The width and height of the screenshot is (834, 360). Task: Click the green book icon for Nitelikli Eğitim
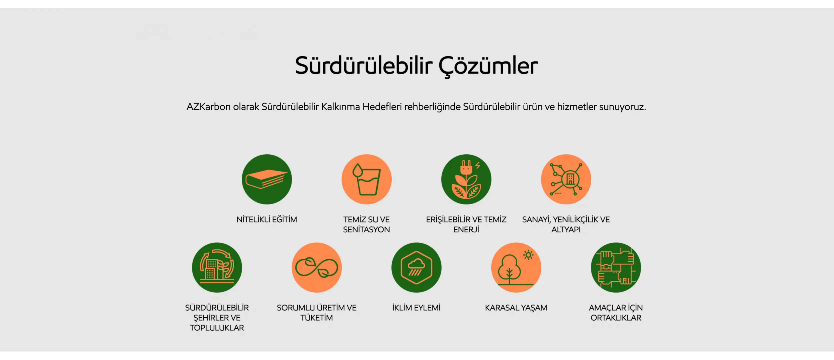(267, 179)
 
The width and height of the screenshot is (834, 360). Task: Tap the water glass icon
(366, 179)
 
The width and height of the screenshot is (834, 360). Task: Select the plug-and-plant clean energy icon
(466, 179)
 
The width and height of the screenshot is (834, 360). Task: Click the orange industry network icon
(566, 179)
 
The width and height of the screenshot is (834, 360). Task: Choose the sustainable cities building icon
(217, 267)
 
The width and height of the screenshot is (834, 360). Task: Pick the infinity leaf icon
(317, 267)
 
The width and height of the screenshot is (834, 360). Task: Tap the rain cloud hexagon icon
(416, 267)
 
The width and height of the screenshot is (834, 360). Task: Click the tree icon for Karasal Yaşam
(516, 267)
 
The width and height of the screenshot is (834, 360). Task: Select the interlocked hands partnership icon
(616, 267)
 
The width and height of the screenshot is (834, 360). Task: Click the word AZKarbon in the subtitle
(208, 106)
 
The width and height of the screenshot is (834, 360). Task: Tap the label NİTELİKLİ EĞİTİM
(267, 219)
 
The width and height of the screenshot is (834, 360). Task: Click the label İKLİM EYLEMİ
(416, 307)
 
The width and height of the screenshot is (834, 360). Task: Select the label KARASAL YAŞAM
(516, 307)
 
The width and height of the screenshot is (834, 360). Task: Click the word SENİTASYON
(366, 229)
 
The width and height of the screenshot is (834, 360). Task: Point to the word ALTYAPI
(566, 229)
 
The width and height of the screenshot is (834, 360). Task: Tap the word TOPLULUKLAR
(217, 328)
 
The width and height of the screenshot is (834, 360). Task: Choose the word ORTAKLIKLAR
(616, 317)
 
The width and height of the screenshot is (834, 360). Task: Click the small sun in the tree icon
(528, 255)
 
